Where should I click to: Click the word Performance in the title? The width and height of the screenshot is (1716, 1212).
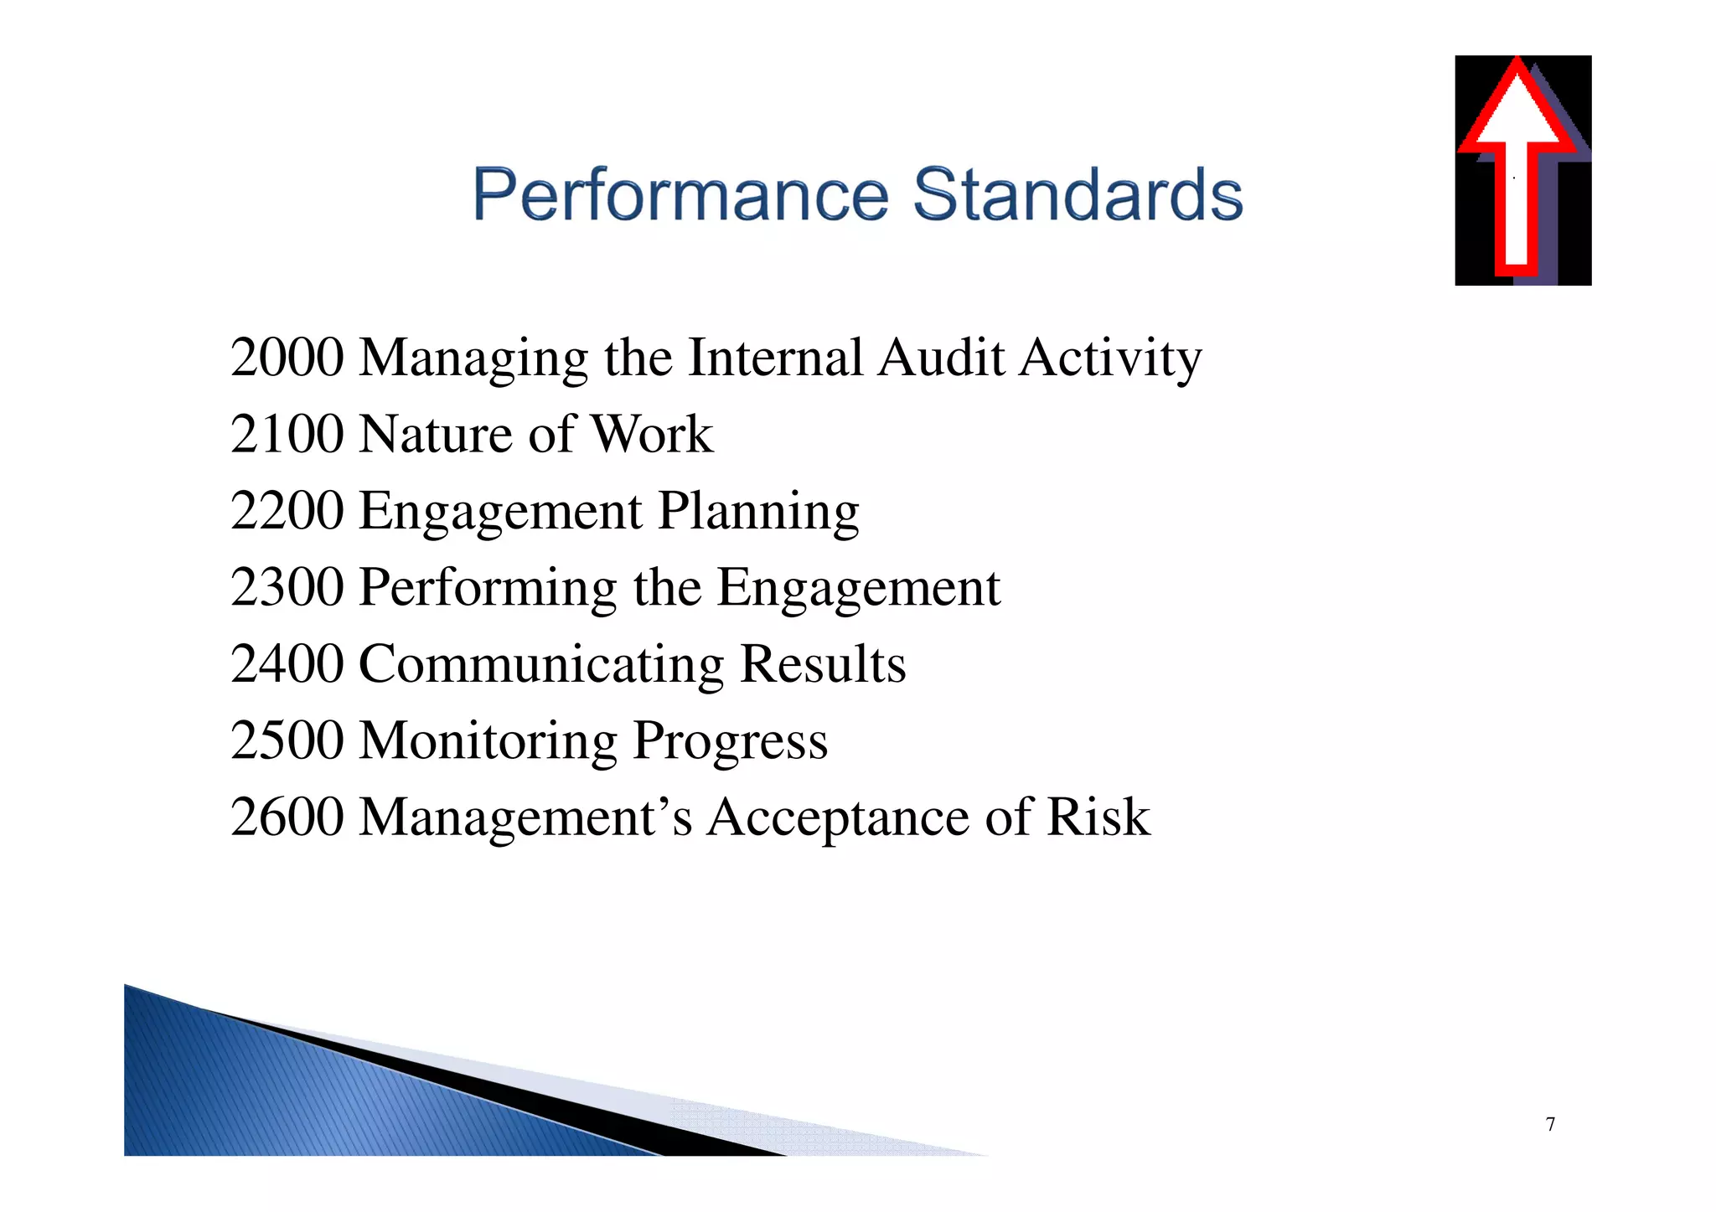point(680,194)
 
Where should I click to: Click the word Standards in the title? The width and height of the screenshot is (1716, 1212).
point(1077,194)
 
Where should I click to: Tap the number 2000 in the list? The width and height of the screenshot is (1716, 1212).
point(287,358)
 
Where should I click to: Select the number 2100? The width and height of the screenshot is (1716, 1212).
point(287,435)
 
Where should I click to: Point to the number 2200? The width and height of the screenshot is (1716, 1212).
point(287,511)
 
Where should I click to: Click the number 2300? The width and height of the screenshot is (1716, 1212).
point(287,587)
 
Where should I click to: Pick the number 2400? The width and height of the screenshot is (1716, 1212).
point(287,664)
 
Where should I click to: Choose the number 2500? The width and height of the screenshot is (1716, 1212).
point(287,740)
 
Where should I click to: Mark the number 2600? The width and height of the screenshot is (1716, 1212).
point(287,817)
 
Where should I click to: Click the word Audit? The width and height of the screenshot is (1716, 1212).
point(941,358)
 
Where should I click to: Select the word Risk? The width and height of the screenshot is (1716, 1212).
point(1098,817)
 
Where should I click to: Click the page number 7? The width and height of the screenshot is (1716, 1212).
point(1551,1124)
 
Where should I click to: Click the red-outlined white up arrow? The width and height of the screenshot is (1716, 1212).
point(1517,168)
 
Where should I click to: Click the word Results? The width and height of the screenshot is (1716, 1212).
point(823,664)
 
